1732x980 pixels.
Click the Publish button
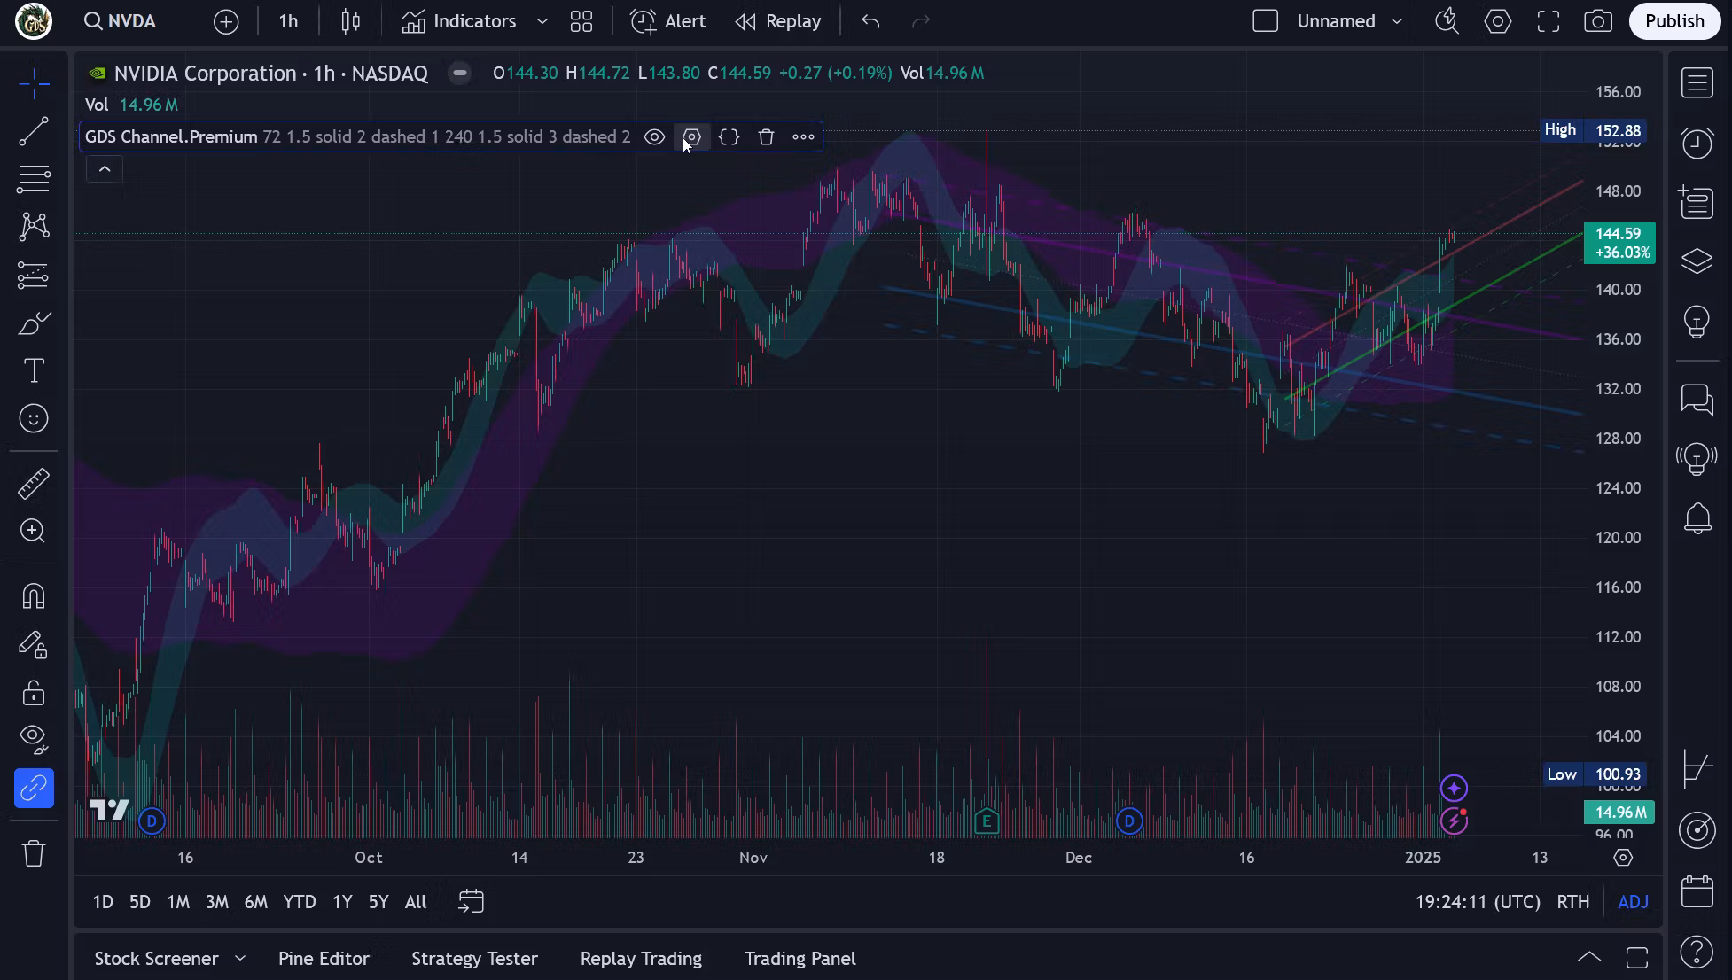1673,21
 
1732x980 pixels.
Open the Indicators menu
459,21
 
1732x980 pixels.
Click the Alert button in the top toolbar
668,21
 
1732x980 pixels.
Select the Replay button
778,21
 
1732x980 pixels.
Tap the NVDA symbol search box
121,21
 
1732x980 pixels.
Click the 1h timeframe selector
288,21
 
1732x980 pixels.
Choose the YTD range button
299,902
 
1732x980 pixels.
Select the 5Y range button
378,902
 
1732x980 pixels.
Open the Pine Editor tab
324,959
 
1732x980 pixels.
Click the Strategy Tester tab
474,959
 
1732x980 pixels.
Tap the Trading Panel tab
800,959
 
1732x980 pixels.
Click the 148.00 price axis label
1618,191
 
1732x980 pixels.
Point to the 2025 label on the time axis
1423,858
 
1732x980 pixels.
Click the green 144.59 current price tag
1619,243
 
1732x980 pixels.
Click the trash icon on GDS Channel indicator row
766,137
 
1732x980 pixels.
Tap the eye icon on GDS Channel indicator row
654,137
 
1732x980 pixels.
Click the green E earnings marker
986,821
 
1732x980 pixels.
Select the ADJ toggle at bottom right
1633,902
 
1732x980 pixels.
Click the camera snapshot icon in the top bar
1597,21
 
